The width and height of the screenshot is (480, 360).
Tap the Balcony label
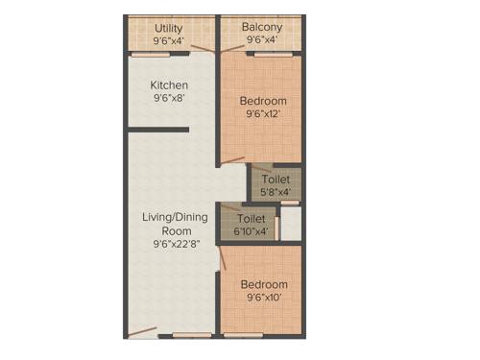[x=261, y=27]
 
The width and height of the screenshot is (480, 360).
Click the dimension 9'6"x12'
[x=263, y=113]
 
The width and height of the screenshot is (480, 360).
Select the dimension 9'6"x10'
[x=263, y=299]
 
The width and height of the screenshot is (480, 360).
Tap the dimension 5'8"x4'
[x=276, y=192]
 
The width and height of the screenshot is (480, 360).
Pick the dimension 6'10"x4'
[x=251, y=231]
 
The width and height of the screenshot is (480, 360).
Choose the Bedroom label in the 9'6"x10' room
[x=263, y=285]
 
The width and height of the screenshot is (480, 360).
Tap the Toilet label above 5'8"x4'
[x=276, y=179]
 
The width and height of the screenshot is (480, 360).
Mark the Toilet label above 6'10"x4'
[x=251, y=218]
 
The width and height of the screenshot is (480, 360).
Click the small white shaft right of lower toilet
[x=291, y=222]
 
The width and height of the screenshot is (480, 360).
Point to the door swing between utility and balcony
[x=203, y=45]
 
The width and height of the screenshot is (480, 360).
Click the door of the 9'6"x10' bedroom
[x=223, y=257]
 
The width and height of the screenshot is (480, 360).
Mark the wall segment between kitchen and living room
[x=158, y=128]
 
